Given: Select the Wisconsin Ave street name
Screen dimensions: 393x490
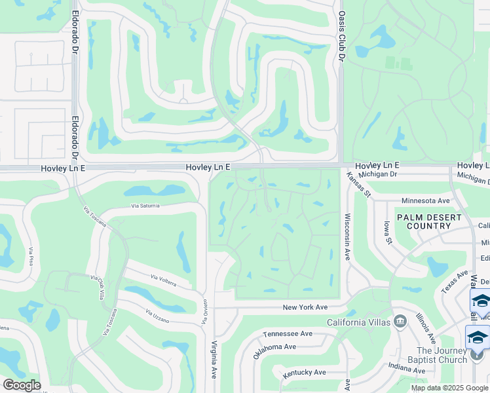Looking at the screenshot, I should coord(347,236).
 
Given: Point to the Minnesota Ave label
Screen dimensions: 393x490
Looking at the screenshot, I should coord(425,200).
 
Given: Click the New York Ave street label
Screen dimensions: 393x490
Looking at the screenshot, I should coord(305,307).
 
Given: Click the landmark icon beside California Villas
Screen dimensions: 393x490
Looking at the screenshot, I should coord(400,322).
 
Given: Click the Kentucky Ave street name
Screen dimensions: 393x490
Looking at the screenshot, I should coord(305,372).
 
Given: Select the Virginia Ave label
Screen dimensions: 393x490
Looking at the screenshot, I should coord(214,360).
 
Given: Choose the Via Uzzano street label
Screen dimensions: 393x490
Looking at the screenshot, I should coord(157,316).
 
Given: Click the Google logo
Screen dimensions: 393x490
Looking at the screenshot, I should coord(22,385).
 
